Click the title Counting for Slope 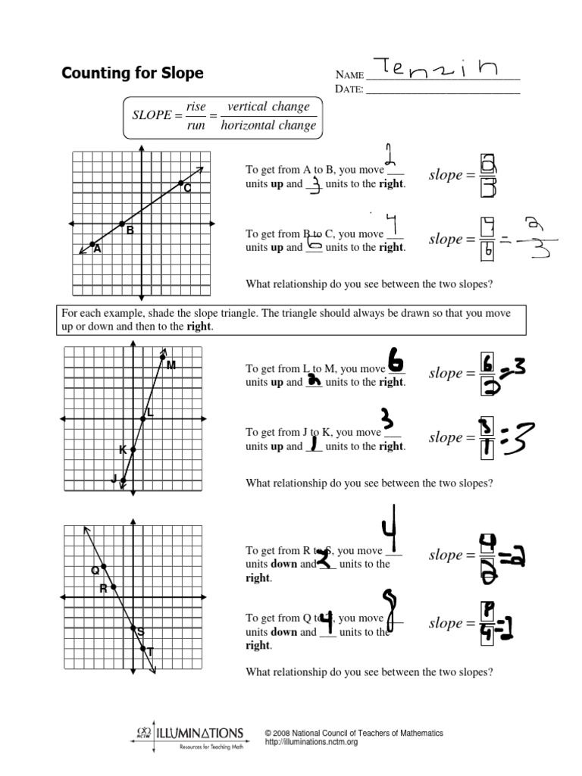pos(132,74)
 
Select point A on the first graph pos(92,244)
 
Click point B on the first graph pos(122,224)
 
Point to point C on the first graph pos(181,183)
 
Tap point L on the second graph pos(143,418)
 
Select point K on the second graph pos(133,449)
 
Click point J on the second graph pos(123,479)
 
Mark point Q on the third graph pos(103,567)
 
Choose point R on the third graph pos(113,587)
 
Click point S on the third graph pos(133,627)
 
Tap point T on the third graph pos(144,648)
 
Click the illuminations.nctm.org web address pos(311,743)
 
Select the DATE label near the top pos(348,89)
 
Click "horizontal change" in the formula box pos(268,126)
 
